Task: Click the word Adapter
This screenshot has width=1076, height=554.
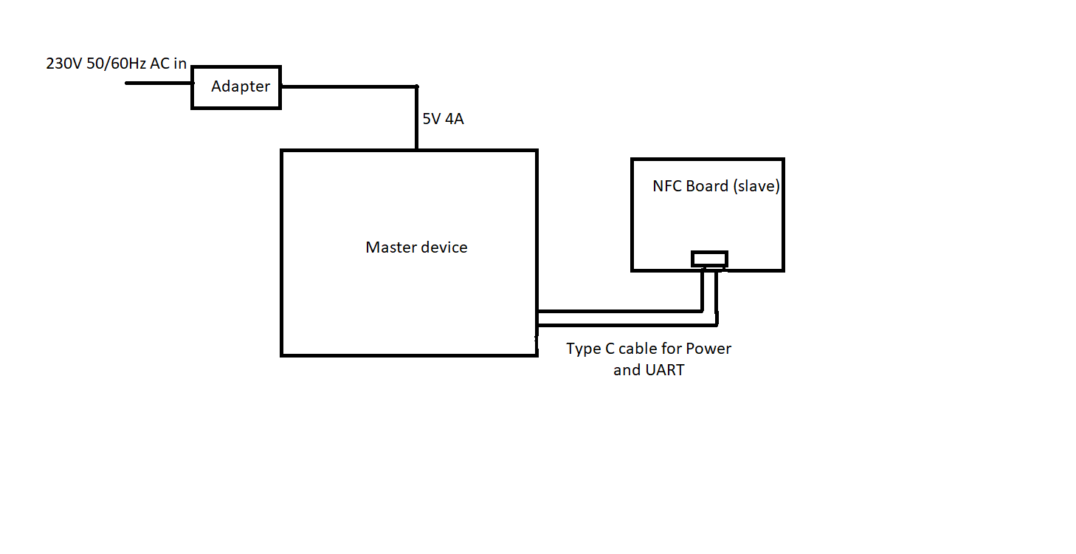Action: pos(241,86)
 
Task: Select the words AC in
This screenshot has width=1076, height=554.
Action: pos(168,64)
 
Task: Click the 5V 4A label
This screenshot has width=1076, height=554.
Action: pos(443,118)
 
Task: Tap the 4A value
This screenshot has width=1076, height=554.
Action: pos(455,118)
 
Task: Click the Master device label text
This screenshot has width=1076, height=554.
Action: pos(416,247)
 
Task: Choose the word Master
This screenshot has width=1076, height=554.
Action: pos(390,247)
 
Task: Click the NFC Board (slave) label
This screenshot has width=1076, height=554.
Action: pos(716,186)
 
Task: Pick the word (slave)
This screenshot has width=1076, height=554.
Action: pos(756,186)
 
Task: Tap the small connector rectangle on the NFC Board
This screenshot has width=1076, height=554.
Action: pos(709,259)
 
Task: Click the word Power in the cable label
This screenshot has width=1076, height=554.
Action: pos(708,349)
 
